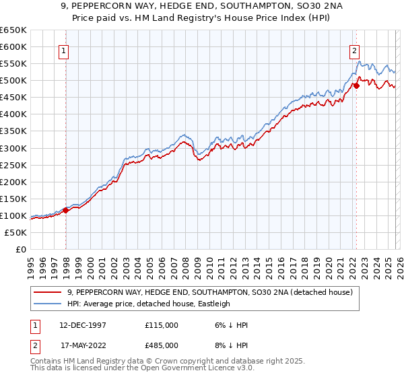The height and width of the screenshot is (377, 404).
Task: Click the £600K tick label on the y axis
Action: [x=13, y=46]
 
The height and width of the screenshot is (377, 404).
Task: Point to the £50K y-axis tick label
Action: [x=16, y=232]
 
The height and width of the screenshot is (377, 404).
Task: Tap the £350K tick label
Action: [x=13, y=131]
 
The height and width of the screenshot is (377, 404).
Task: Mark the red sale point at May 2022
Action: [x=356, y=85]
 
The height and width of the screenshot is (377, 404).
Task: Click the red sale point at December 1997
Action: [x=66, y=210]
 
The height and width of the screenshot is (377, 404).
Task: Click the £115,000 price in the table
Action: [x=161, y=325]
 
